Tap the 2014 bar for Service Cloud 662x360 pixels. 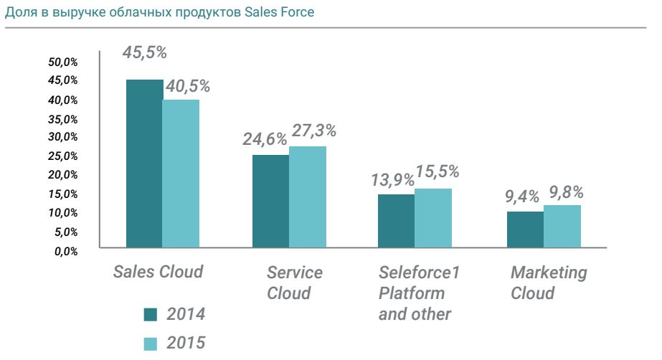coord(270,202)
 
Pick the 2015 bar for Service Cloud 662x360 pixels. coord(308,197)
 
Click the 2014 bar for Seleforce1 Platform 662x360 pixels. coord(397,221)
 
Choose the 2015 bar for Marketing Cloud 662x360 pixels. coord(562,227)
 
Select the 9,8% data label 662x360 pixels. coord(566,192)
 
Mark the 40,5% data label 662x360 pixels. coord(187,87)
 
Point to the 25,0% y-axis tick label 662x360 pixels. coord(63,156)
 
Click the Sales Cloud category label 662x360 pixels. coord(158,273)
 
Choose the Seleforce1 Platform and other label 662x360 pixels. coord(416,293)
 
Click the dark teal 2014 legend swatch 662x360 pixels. coord(150,314)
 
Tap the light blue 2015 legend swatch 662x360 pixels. coord(150,344)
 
